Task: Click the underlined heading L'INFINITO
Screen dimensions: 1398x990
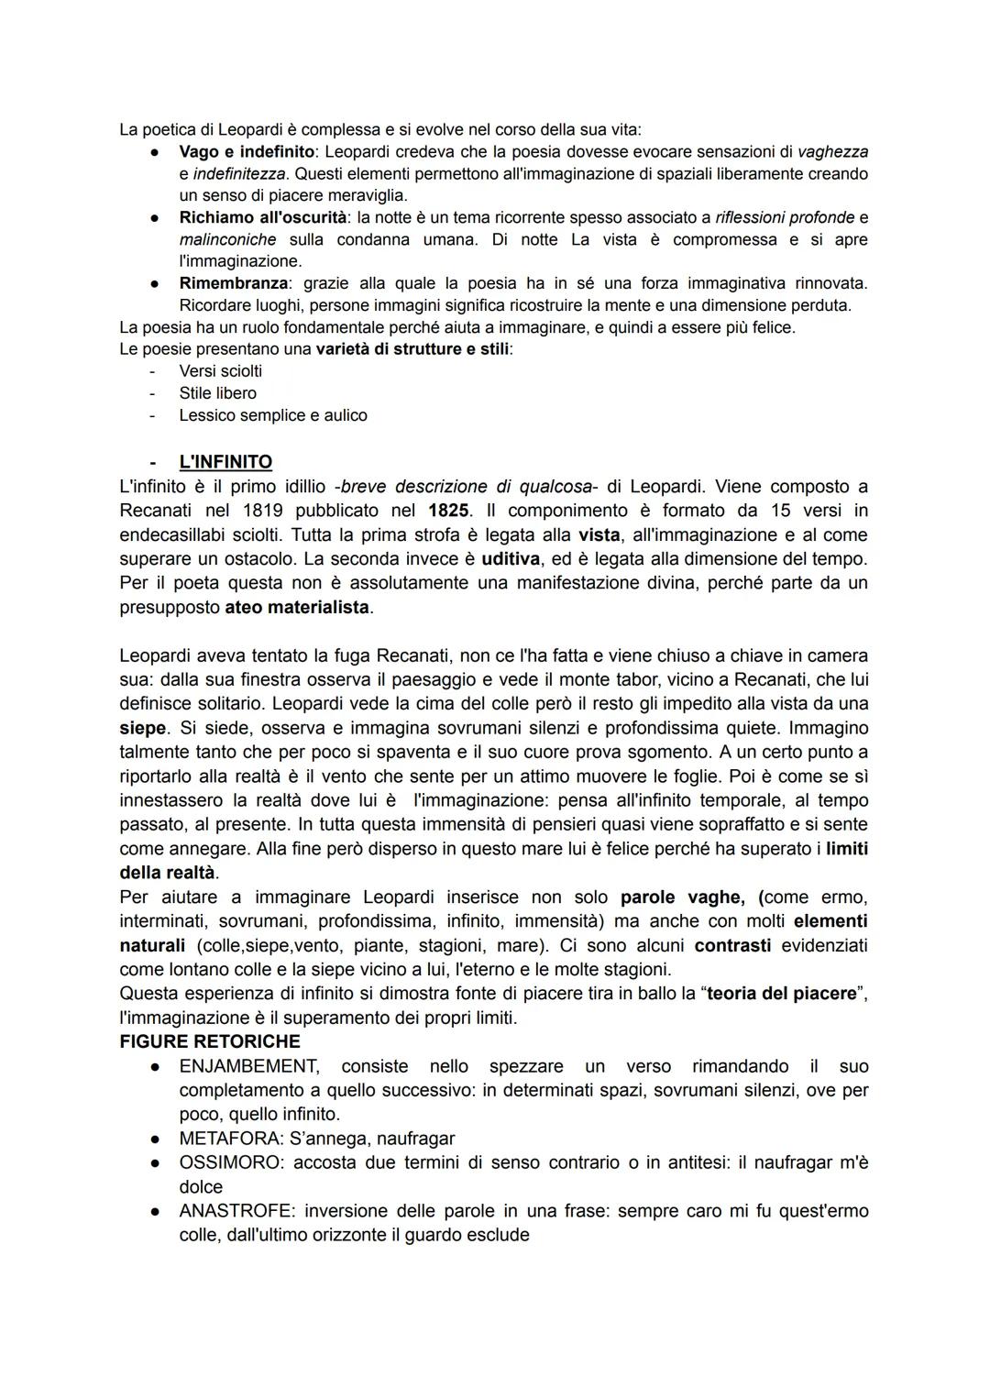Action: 225,462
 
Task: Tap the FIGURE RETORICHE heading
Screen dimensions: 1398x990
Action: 210,1042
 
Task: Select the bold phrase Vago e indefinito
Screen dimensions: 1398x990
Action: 247,151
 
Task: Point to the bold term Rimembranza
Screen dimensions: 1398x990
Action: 233,283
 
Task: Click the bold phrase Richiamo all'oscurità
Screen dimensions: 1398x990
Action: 263,217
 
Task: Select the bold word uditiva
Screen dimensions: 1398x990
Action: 510,558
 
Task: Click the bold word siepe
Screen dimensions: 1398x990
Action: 143,728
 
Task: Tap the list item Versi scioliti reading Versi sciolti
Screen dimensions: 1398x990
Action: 220,371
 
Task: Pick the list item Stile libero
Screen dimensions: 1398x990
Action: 217,393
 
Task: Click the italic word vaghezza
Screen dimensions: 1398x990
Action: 832,151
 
